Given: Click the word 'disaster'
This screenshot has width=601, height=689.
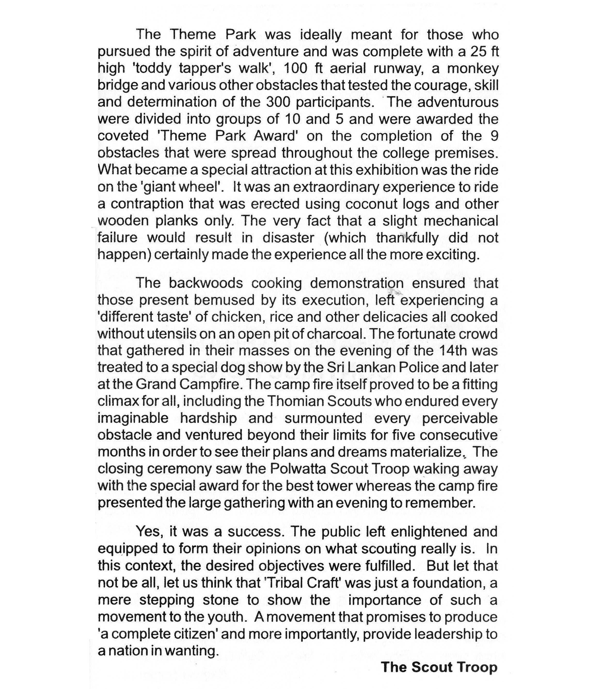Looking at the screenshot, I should point(288,238).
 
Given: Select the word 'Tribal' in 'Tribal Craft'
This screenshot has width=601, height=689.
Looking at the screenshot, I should point(285,583).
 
